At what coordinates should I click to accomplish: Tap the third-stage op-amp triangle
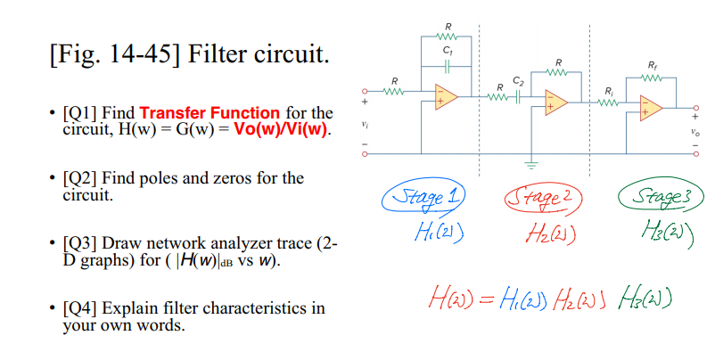(x=650, y=108)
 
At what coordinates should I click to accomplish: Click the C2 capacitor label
(x=518, y=80)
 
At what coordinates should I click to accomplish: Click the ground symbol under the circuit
(x=533, y=164)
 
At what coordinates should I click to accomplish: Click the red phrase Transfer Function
(x=210, y=113)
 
